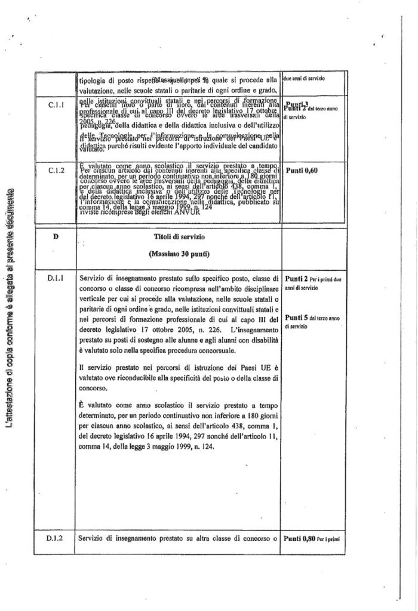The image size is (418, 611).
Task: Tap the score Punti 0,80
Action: pos(299,539)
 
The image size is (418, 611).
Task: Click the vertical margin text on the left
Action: pos(10,310)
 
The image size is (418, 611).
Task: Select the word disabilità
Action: pos(263,339)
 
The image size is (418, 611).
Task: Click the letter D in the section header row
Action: pos(56,237)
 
